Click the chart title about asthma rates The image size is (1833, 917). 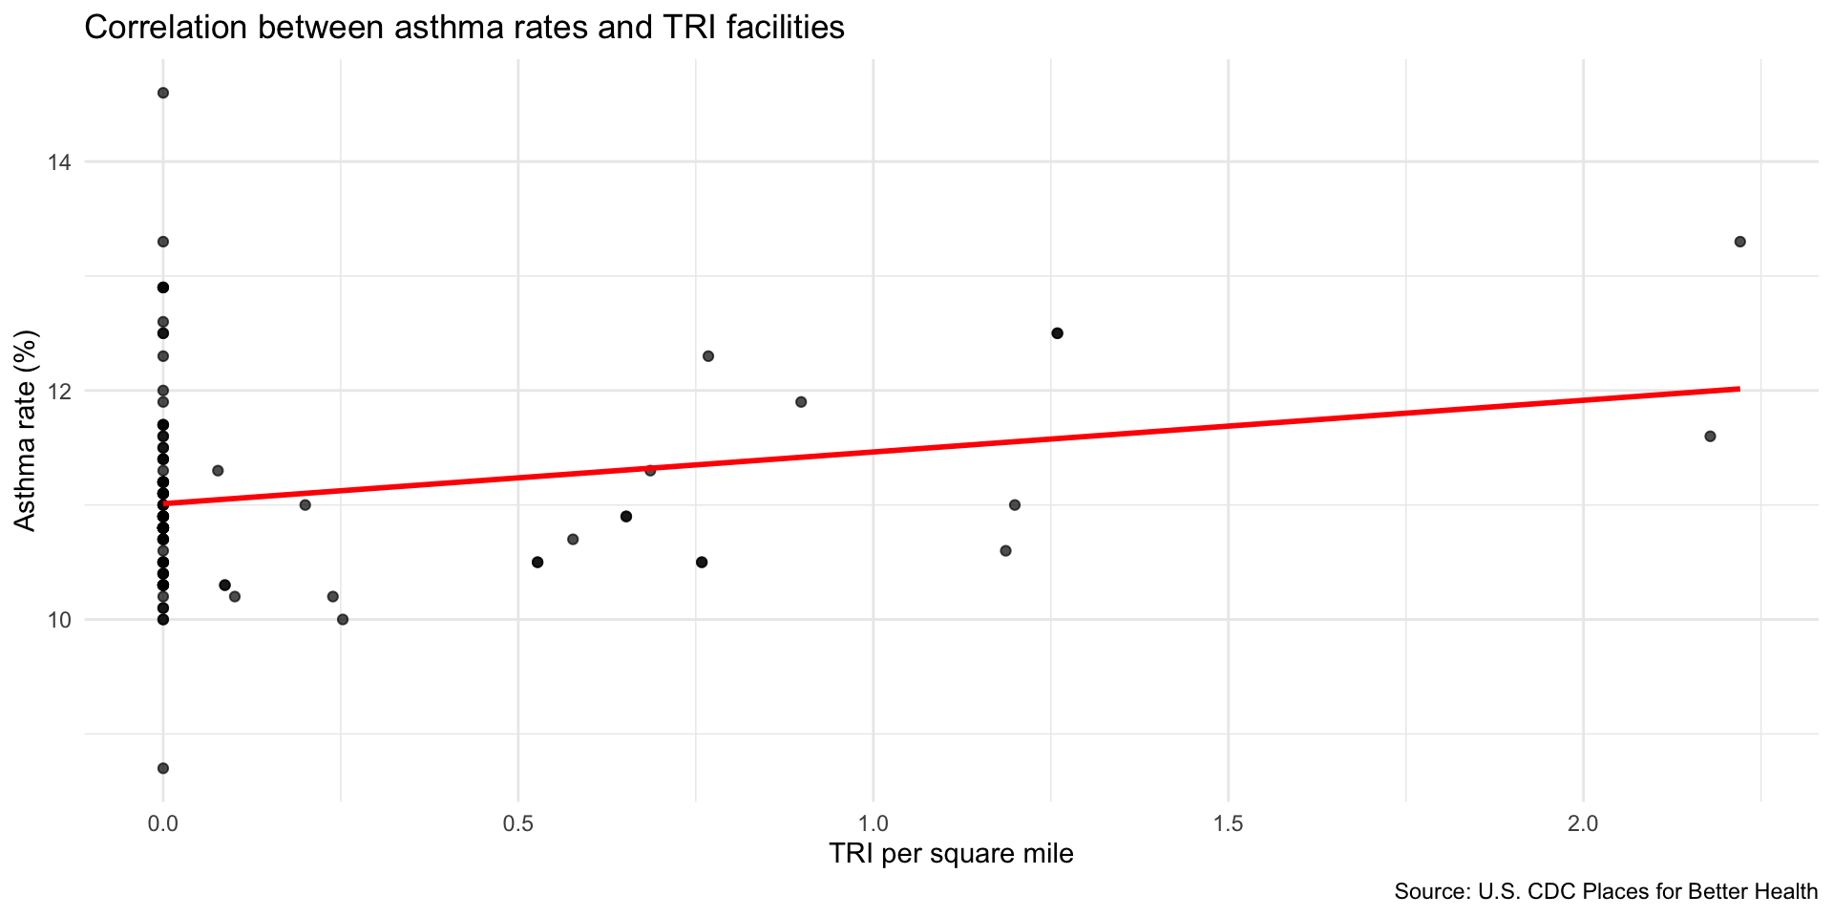tap(464, 28)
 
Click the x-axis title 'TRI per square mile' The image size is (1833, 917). tap(951, 853)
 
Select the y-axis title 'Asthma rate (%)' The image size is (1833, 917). tap(26, 430)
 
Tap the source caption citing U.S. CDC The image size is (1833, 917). tap(1606, 892)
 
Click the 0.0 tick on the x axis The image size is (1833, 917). tap(163, 821)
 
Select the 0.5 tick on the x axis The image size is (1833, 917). tap(517, 821)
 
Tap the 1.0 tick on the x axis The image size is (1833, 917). tap(874, 821)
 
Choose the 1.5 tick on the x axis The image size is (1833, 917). tap(1229, 821)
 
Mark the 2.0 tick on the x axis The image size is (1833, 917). tap(1584, 821)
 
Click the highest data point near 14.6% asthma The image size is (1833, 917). tap(163, 93)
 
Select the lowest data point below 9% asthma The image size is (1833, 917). tap(163, 768)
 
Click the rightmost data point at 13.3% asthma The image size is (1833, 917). tap(1739, 242)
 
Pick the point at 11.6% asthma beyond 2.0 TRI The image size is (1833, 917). tap(1710, 437)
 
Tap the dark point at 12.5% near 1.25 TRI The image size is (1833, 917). tap(1057, 333)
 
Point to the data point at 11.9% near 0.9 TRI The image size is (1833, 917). tap(801, 402)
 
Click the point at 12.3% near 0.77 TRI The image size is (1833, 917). tap(708, 356)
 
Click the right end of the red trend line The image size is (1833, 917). tap(1738, 389)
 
